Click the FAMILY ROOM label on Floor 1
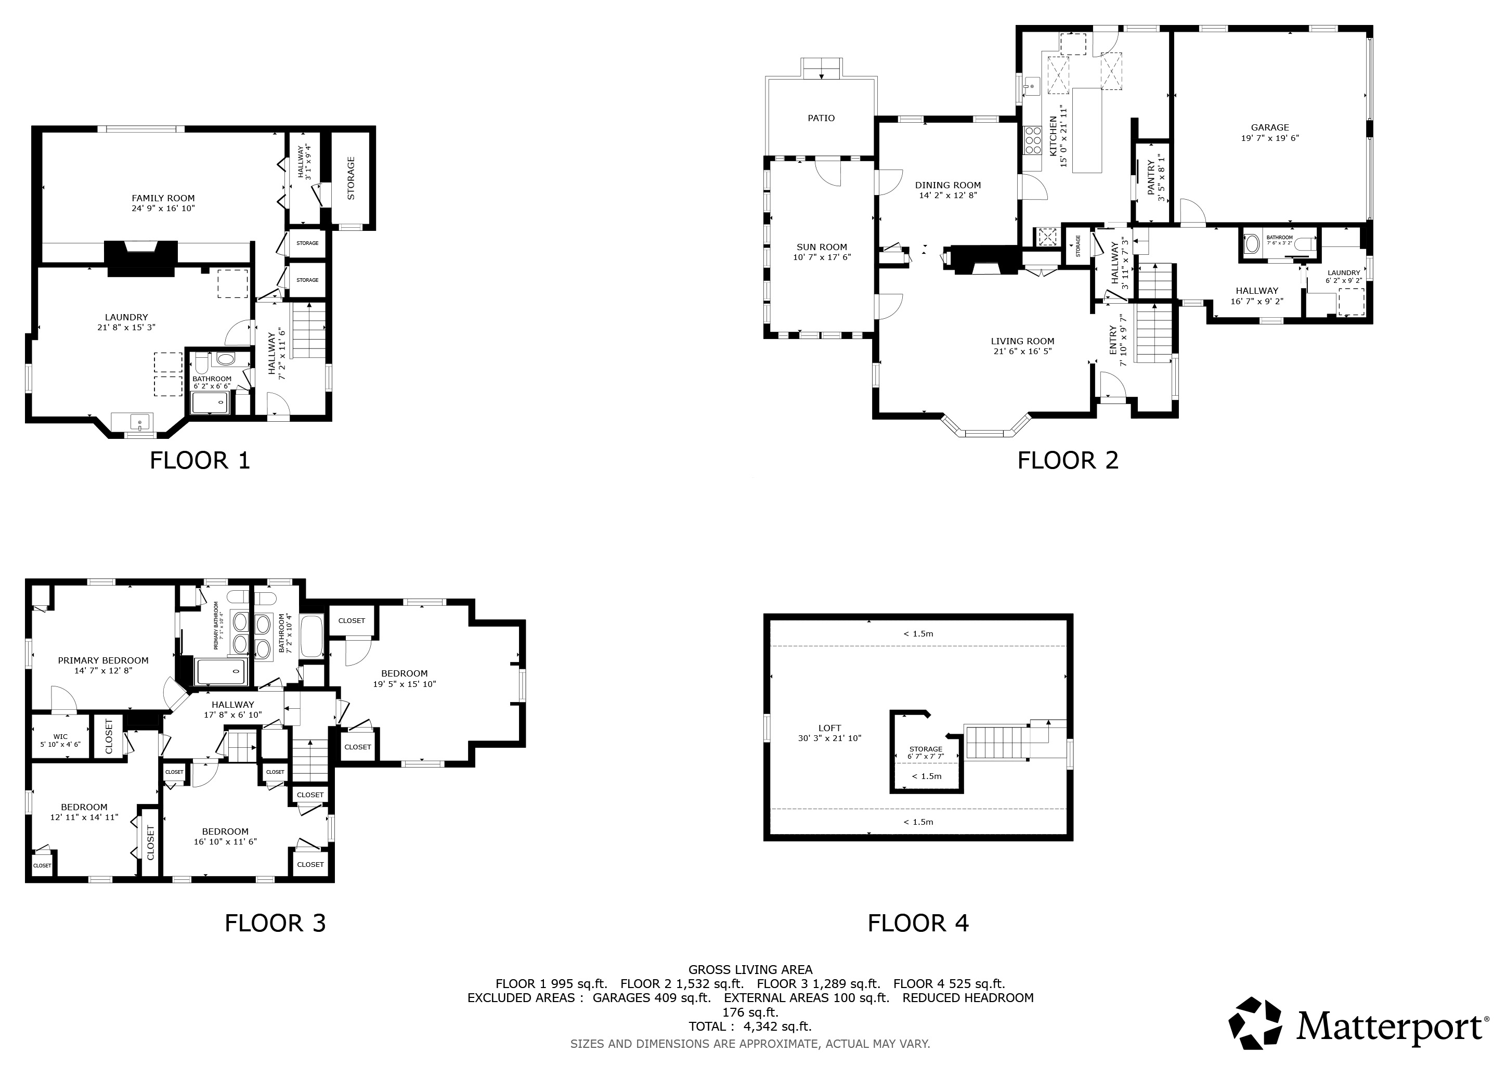163,198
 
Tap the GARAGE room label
1270,128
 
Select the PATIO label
821,118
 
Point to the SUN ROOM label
822,247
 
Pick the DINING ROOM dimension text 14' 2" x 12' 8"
949,196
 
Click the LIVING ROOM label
1022,341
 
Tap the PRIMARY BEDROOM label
103,660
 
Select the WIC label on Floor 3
60,736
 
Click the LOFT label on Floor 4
830,728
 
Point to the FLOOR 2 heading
1068,460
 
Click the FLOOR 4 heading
918,924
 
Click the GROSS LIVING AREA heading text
750,969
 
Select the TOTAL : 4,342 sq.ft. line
750,1027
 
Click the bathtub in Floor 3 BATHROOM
312,636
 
